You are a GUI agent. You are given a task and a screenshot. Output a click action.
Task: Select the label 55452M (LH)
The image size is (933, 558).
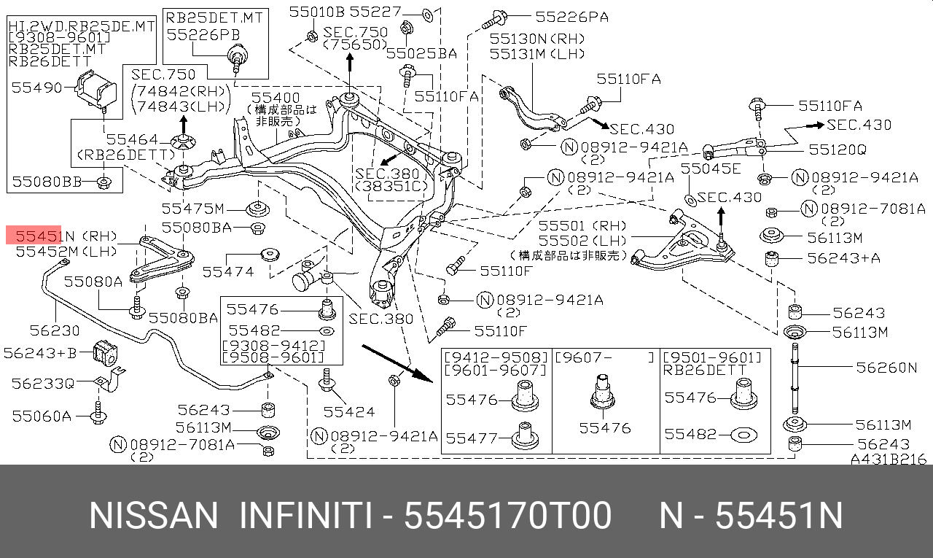click(66, 252)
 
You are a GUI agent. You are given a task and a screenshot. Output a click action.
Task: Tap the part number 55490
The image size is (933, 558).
click(36, 88)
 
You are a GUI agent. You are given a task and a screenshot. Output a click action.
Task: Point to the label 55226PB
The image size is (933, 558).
click(203, 35)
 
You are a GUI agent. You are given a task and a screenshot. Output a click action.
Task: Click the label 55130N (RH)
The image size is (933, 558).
click(537, 39)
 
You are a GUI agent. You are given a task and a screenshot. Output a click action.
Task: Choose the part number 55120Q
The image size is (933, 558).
click(838, 150)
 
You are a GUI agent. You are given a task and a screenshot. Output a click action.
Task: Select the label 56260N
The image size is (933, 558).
click(886, 368)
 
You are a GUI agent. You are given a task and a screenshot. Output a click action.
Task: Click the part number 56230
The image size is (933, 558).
click(55, 330)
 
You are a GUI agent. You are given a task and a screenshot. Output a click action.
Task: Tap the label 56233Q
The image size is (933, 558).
click(42, 384)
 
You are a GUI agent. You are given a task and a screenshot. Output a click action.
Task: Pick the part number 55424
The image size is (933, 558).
click(349, 411)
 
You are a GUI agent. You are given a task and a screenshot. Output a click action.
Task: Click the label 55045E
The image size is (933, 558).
click(711, 168)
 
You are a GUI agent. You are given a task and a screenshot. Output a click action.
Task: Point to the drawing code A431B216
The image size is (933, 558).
click(889, 460)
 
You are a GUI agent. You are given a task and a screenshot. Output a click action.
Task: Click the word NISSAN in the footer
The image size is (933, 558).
click(153, 516)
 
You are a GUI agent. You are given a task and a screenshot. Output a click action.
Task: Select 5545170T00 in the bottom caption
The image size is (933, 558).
click(507, 516)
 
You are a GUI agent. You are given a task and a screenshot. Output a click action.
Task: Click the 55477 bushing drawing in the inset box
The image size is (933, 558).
click(525, 436)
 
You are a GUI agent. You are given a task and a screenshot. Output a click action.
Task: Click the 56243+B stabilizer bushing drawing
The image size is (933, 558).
click(105, 353)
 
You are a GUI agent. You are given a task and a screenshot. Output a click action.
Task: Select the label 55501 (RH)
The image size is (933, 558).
click(582, 226)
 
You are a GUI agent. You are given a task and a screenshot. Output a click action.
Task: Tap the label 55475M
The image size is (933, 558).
click(193, 209)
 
